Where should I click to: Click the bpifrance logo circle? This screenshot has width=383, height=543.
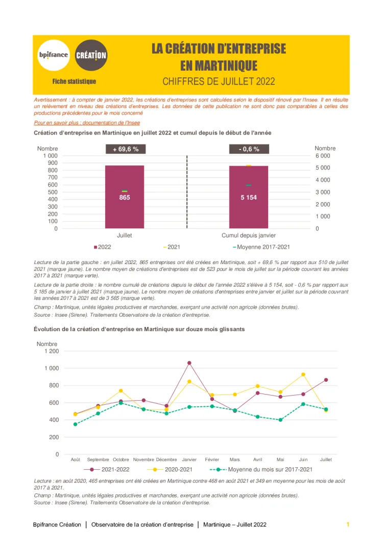(53, 55)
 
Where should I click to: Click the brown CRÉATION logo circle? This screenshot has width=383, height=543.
(91, 55)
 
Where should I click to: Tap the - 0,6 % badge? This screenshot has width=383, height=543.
(249, 149)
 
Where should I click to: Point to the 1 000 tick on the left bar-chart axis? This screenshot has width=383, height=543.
(50, 156)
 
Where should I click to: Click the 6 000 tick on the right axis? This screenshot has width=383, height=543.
(322, 156)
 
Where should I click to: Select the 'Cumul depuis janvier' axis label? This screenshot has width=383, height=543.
(249, 235)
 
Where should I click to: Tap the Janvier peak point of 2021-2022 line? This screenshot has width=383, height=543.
(189, 363)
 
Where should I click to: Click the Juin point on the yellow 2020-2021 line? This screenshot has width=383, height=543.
(303, 375)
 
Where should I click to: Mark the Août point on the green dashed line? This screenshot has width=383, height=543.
(75, 424)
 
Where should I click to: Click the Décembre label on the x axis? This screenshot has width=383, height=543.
(166, 460)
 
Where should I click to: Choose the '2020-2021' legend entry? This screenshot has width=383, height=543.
(174, 469)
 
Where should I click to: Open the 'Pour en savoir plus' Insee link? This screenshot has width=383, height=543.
(87, 123)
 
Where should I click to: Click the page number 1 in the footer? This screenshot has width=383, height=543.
(348, 525)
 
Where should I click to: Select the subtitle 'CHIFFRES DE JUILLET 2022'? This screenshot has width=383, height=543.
(219, 81)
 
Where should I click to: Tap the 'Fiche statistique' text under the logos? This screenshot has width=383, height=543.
(74, 81)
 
